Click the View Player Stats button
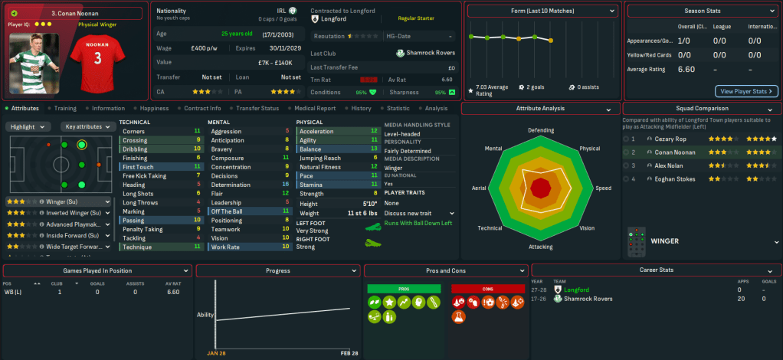pyautogui.click(x=746, y=91)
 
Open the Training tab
pyautogui.click(x=64, y=109)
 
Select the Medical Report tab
pyautogui.click(x=315, y=109)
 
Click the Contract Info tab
pyautogui.click(x=202, y=109)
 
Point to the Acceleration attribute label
pyautogui.click(x=316, y=131)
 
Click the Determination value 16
pyautogui.click(x=286, y=185)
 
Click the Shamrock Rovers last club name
pyautogui.click(x=431, y=53)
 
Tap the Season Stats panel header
pyautogui.click(x=702, y=11)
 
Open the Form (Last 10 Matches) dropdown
pyautogui.click(x=542, y=11)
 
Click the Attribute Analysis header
pyautogui.click(x=540, y=109)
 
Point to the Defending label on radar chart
pyautogui.click(x=541, y=130)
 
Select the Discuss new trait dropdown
pyautogui.click(x=418, y=213)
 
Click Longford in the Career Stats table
pyautogui.click(x=576, y=290)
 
